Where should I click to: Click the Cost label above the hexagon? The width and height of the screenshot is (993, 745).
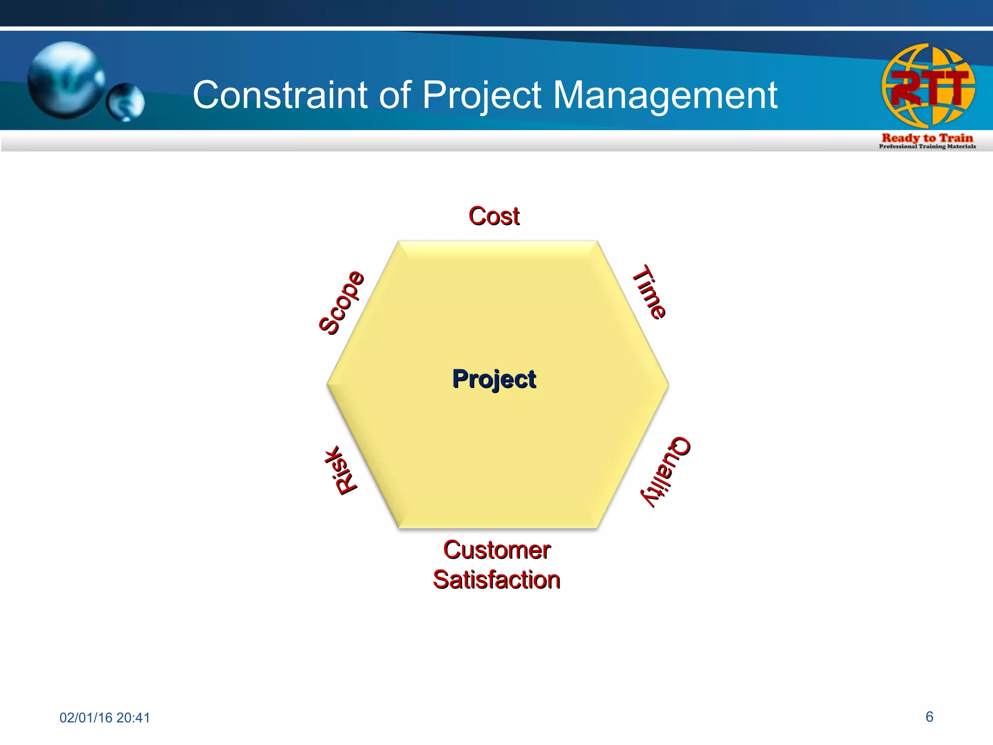pos(494,216)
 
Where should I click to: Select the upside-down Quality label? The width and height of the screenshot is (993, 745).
pos(665,471)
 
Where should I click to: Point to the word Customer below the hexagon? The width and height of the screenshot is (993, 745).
pos(497,551)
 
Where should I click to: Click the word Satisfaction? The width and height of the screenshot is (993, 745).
pos(496,580)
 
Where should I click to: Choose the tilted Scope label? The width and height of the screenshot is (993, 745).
pos(341,303)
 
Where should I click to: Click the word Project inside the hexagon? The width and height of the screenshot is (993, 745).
pos(494,379)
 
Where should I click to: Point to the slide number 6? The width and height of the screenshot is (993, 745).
pos(929,717)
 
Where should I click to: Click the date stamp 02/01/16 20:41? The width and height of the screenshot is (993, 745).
pos(105,718)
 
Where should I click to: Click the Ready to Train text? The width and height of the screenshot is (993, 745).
pos(927,138)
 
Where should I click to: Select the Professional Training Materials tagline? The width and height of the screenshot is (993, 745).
pos(927,146)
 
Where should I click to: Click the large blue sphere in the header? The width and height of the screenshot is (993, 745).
pos(66,80)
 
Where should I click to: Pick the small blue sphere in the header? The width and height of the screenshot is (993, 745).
pos(126,102)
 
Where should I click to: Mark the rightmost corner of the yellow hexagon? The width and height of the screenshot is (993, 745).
pos(668,384)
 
